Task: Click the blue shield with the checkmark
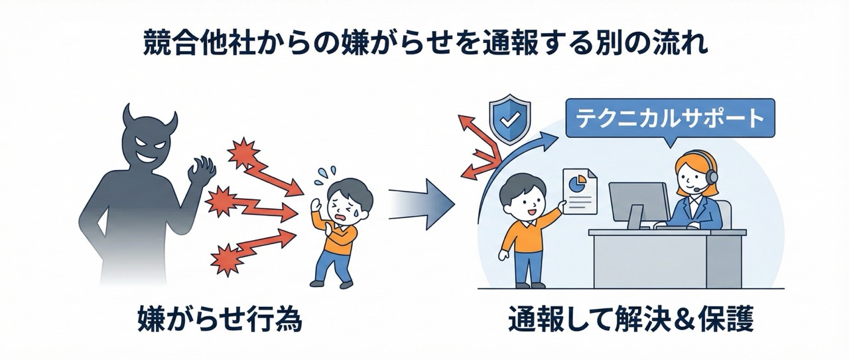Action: (509, 120)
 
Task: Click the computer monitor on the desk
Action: (637, 202)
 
